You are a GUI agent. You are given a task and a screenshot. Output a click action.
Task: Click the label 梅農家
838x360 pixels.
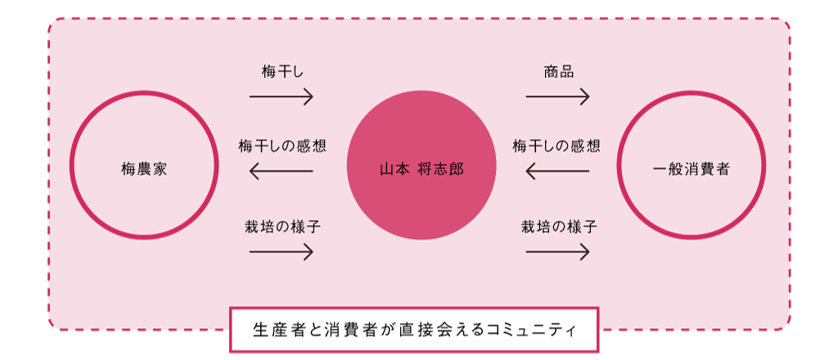pos(144,170)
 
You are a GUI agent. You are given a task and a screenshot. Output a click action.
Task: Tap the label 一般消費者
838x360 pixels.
pos(692,170)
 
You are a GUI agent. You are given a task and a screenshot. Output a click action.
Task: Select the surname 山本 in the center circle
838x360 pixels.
pos(394,170)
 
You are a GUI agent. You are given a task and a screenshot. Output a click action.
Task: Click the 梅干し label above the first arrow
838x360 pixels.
pos(282,72)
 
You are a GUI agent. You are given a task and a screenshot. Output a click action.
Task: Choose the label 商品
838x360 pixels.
pos(558,72)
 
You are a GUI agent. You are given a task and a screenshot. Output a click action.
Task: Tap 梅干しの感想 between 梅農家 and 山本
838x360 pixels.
pos(282,147)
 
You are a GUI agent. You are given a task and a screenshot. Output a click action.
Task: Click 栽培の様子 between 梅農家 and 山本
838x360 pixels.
pos(282,227)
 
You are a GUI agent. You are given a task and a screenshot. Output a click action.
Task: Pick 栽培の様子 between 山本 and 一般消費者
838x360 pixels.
pos(559,227)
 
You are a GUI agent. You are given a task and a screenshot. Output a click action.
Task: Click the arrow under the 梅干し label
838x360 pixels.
pos(282,97)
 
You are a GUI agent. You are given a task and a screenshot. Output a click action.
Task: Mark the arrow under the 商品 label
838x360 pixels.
pos(557,97)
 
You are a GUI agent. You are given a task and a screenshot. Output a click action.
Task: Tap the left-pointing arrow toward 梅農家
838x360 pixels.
pos(282,171)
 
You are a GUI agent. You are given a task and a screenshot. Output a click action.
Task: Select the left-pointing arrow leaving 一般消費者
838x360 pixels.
pos(557,171)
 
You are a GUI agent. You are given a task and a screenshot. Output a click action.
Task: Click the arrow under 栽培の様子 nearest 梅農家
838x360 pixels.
pos(282,252)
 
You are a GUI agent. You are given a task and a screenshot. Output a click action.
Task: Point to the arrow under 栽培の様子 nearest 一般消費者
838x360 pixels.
pos(557,252)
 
